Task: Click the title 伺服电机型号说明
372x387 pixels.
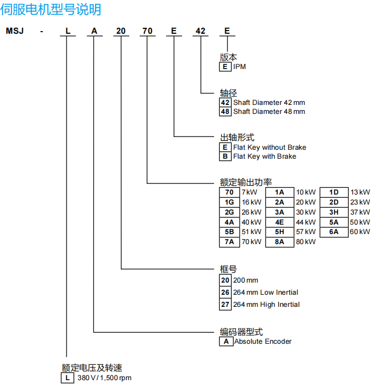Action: click(52, 9)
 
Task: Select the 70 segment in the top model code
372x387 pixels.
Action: click(147, 31)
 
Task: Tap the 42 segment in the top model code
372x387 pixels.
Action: click(200, 31)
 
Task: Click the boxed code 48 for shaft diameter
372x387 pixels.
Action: click(225, 111)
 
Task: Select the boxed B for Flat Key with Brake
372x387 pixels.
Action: click(225, 156)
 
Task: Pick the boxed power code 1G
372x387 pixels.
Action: click(229, 202)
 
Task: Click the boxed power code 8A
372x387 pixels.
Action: click(280, 242)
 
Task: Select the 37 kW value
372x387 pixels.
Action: click(361, 212)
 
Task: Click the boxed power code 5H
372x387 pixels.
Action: click(280, 232)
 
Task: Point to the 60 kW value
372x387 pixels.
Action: click(360, 232)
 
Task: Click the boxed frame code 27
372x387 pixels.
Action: click(225, 304)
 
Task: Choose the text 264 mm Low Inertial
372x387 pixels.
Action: click(265, 292)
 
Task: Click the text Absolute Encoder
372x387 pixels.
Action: click(263, 341)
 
